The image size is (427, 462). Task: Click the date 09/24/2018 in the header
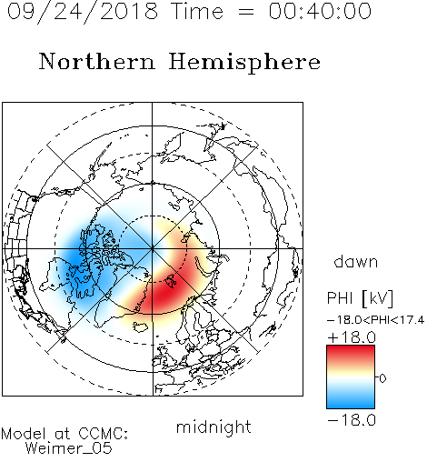tap(83, 12)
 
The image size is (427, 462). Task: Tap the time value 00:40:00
tap(320, 12)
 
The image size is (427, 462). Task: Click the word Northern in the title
tap(97, 62)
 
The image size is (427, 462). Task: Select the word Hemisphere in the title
tap(244, 63)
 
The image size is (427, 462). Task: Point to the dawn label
tap(356, 261)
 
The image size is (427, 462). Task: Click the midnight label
tap(213, 427)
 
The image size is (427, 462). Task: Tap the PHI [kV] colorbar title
tap(360, 298)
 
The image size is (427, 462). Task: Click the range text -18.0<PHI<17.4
tap(375, 319)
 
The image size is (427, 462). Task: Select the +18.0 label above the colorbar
tap(352, 337)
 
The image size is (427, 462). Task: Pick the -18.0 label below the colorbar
tap(352, 420)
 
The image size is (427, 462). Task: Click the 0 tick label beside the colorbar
tap(382, 378)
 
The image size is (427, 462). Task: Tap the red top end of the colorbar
tap(351, 348)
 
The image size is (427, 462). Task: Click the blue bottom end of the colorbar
tap(351, 406)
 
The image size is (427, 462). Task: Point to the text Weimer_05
tap(69, 447)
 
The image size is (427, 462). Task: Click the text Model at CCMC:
tap(65, 434)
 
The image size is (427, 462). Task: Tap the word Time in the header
tap(197, 12)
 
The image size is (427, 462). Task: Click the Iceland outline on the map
tap(141, 326)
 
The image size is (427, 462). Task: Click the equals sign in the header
tap(246, 12)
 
